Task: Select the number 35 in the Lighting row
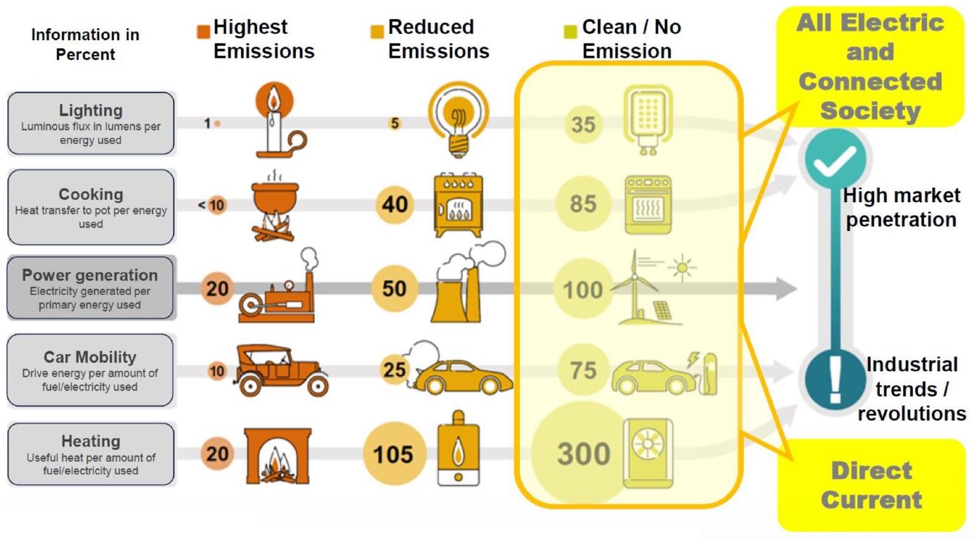[583, 125]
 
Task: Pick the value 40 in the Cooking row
[395, 205]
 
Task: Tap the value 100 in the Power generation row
[583, 290]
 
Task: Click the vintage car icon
[282, 370]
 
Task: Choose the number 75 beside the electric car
[583, 371]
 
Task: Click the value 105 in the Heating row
[393, 454]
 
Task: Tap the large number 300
[583, 454]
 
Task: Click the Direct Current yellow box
[871, 485]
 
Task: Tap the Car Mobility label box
[91, 370]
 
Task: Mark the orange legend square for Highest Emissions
[203, 32]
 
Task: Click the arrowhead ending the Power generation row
[785, 289]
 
